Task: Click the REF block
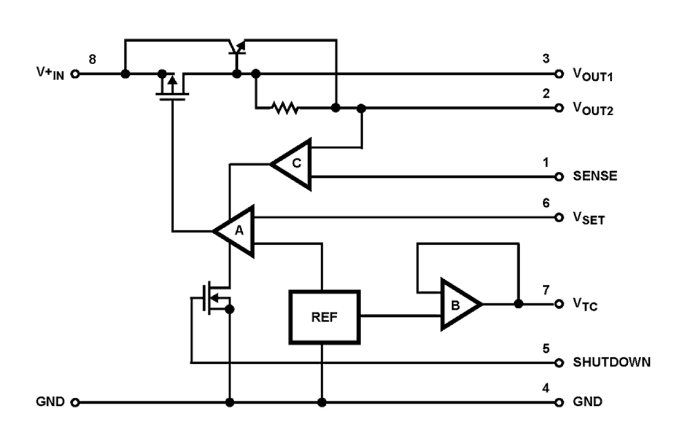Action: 325,317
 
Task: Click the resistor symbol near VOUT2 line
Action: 285,108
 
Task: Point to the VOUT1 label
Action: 593,76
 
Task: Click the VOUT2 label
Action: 593,110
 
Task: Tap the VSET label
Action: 588,219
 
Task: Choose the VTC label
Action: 585,304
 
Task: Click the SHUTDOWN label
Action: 611,363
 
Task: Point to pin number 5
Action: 546,348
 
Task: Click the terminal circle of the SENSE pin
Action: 559,177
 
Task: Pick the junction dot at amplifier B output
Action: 518,303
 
